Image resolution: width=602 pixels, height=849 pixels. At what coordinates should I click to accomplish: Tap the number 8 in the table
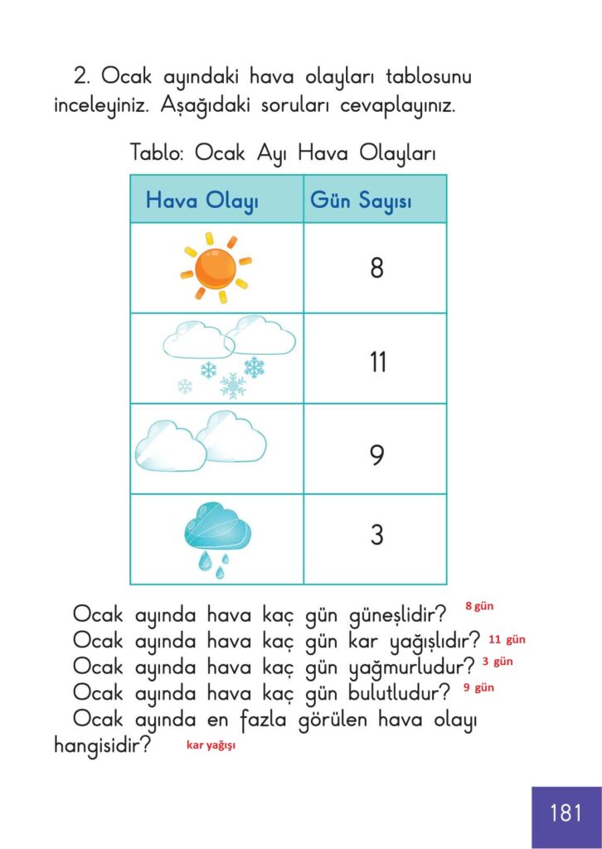coord(376,268)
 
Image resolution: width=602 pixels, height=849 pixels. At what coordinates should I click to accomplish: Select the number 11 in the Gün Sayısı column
coord(377,362)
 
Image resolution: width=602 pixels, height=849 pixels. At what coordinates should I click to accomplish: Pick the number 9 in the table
coord(376,454)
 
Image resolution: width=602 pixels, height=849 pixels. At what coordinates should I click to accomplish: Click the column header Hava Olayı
coord(202,201)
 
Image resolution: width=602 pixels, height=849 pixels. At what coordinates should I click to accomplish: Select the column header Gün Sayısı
coord(361,201)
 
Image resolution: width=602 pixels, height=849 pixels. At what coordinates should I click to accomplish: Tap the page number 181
coord(566,813)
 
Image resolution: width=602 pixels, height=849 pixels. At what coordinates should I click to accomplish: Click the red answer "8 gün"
coord(478,606)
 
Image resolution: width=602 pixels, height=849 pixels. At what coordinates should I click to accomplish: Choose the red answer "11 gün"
coord(507,640)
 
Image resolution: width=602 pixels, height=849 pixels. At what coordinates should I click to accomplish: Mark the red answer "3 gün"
coord(498,662)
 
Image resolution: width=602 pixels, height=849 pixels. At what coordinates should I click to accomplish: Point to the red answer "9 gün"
coord(478,687)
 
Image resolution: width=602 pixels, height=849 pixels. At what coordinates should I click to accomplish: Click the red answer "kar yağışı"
coord(211,745)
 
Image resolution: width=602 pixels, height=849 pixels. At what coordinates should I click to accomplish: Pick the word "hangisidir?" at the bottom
coord(102,745)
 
